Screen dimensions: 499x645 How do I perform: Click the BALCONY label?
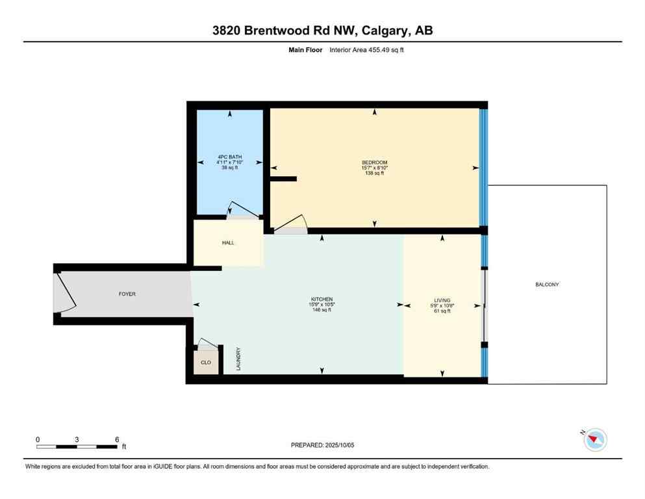tap(547, 285)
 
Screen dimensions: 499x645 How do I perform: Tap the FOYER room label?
tap(127, 294)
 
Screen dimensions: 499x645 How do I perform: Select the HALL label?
tap(227, 243)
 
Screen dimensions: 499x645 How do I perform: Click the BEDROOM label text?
tap(374, 162)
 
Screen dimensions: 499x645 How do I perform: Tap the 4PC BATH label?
tap(229, 157)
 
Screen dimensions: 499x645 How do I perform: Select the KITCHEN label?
tap(322, 300)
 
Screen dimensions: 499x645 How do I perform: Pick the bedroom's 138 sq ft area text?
tap(374, 173)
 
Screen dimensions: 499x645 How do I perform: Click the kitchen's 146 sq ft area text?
tap(322, 310)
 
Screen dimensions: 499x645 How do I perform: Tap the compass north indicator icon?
tap(594, 440)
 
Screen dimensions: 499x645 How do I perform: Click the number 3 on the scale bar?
tap(77, 439)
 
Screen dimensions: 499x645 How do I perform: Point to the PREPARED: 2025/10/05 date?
tap(322, 445)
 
